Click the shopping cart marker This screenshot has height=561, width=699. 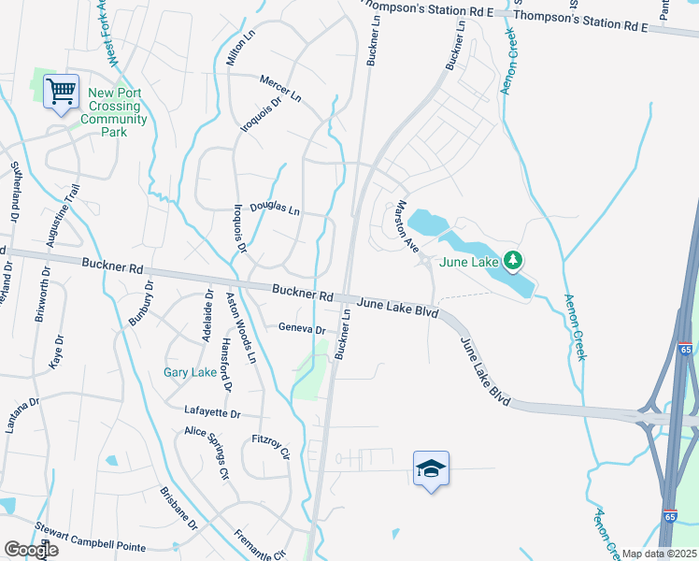(61, 93)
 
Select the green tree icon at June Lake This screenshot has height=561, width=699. (511, 259)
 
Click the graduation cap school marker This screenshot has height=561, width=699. (432, 468)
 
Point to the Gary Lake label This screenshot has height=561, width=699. (191, 372)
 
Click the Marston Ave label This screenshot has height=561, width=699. (407, 225)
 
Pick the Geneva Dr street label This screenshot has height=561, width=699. (302, 329)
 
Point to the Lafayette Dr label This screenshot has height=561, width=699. (212, 412)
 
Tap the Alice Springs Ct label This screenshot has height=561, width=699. (207, 453)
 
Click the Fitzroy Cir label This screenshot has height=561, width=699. (272, 447)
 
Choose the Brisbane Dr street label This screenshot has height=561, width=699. (178, 509)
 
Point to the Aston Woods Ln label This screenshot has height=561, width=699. (240, 328)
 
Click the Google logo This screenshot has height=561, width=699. (31, 550)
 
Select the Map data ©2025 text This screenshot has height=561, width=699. (659, 554)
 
